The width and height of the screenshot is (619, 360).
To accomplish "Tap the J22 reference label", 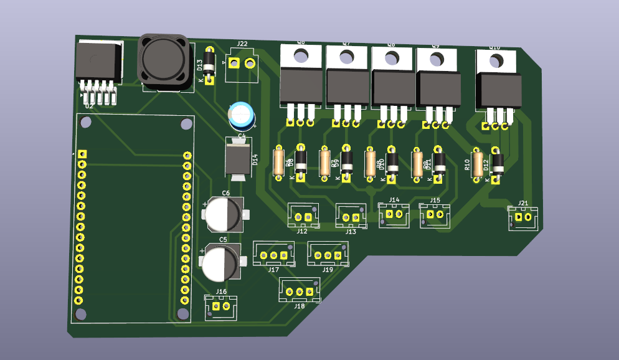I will (242, 44).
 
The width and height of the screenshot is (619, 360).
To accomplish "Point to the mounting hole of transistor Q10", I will (496, 61).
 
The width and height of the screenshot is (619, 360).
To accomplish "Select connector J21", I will (523, 218).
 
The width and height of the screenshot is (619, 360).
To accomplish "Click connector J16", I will (221, 306).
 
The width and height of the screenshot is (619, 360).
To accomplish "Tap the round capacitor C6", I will (222, 213).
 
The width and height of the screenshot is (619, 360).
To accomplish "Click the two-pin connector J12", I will (303, 216).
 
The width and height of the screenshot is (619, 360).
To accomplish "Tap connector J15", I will (435, 215).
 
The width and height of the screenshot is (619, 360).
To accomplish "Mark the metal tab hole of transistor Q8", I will (391, 58).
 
